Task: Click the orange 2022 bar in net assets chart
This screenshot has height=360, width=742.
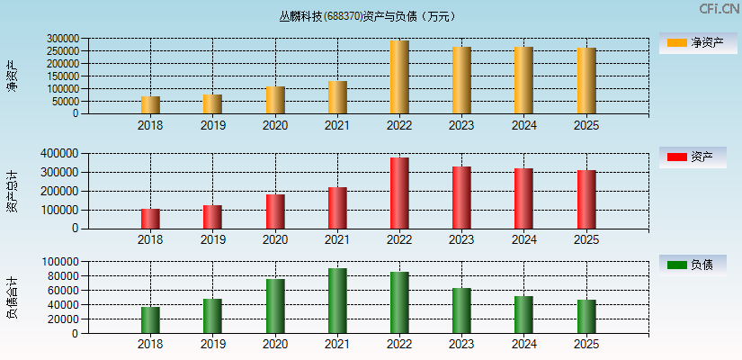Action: click(x=399, y=77)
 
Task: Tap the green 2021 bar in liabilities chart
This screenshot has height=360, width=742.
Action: click(x=337, y=301)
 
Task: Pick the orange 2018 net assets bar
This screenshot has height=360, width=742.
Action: click(x=150, y=104)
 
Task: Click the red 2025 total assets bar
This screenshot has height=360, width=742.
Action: click(x=586, y=199)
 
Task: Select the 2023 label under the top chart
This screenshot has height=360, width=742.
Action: click(x=461, y=126)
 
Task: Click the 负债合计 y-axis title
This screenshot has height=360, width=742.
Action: click(x=12, y=298)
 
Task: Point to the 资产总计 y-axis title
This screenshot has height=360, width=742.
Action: click(x=12, y=191)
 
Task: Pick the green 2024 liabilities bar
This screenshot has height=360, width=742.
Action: click(x=523, y=314)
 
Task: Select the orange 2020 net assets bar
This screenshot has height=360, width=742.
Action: click(x=275, y=100)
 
